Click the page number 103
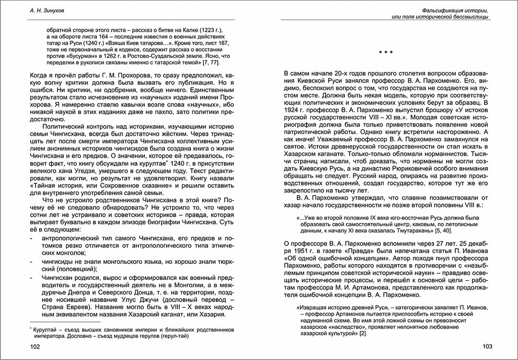coord(487,346)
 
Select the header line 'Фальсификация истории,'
coord(456,10)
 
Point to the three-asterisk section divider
coord(386,52)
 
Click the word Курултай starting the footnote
coord(46,329)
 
